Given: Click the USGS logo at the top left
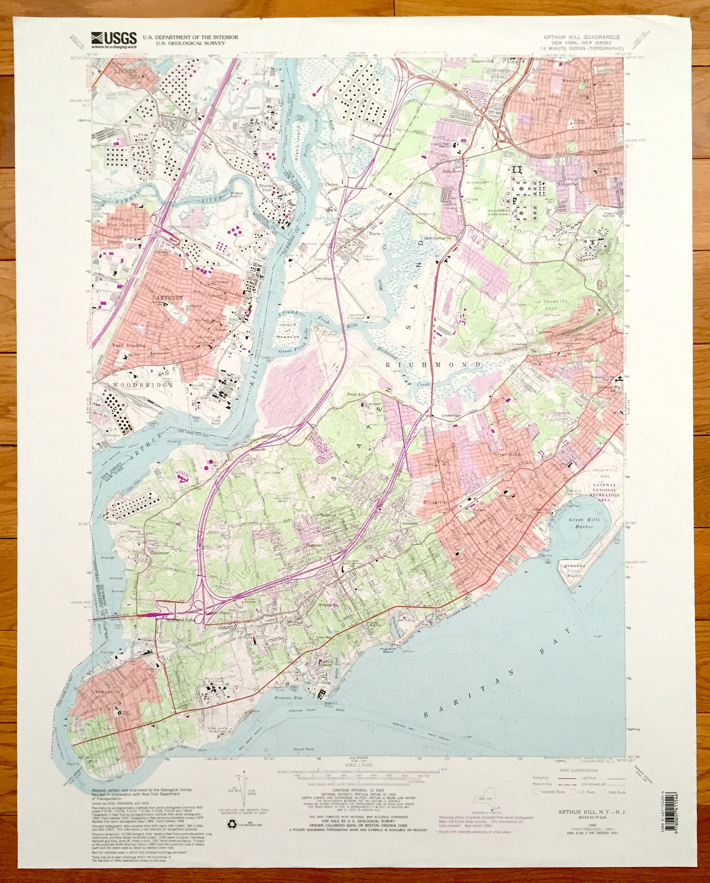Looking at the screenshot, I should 114,39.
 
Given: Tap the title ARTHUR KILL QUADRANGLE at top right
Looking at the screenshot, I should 581,37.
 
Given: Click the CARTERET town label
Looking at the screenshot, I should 167,298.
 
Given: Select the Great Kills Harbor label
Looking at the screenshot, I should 584,523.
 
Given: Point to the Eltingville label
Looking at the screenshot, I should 436,502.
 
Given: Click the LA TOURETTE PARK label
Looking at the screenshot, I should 551,304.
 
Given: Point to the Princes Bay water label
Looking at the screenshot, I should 288,697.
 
